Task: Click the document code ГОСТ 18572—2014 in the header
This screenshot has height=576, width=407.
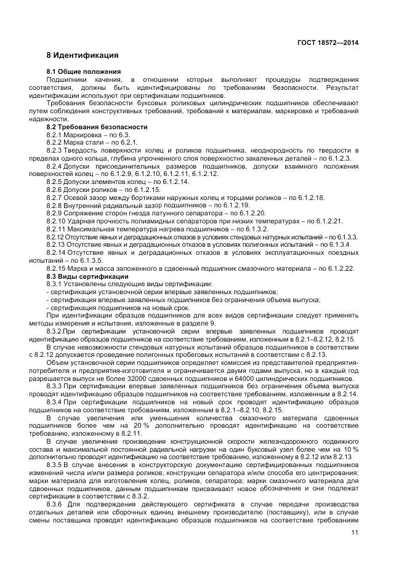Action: [x=329, y=42]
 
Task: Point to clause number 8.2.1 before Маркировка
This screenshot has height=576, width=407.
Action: [x=55, y=134]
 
